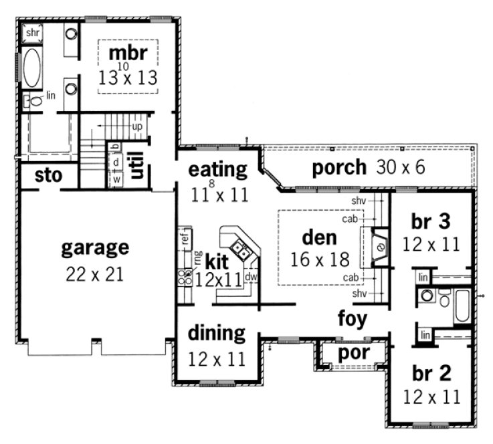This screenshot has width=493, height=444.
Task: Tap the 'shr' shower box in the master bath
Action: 32,32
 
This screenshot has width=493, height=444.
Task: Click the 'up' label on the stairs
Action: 137,126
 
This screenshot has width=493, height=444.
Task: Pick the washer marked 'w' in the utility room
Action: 116,179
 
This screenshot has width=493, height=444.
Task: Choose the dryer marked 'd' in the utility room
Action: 116,162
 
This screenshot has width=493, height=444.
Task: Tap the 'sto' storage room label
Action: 48,176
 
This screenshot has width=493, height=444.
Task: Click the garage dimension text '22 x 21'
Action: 94,274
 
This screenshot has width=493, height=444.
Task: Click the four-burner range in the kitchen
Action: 185,277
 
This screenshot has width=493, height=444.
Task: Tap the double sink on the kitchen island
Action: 245,251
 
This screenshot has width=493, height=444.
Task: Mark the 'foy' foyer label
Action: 352,318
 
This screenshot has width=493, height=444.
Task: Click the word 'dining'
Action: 215,332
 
